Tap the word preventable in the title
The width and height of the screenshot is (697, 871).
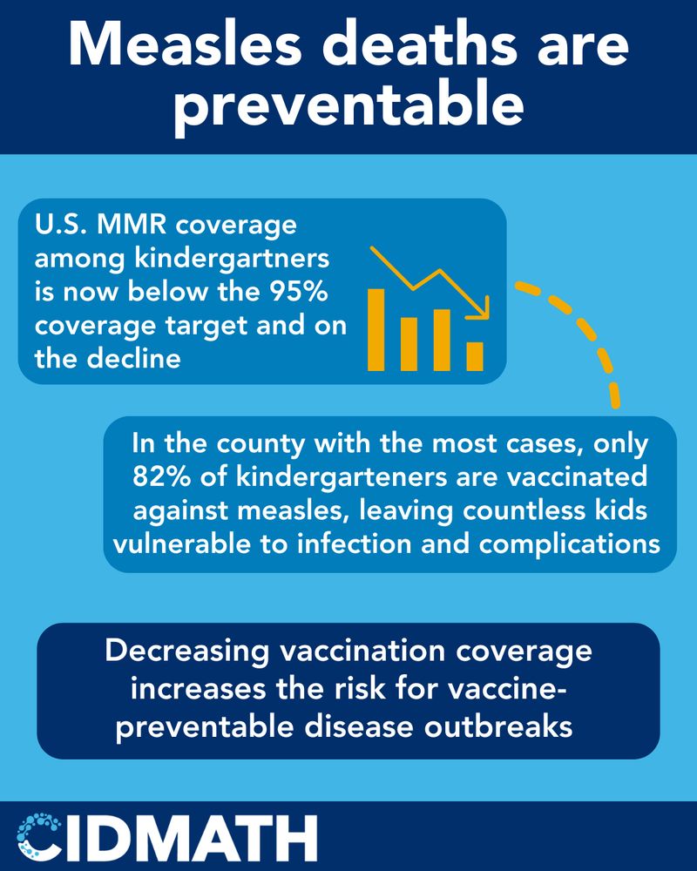(348, 105)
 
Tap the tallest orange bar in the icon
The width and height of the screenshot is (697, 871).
(376, 329)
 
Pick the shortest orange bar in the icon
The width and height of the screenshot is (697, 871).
(475, 356)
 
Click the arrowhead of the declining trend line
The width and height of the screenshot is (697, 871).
(480, 308)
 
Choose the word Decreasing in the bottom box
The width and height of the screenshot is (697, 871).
(187, 651)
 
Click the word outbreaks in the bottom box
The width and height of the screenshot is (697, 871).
(498, 727)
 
